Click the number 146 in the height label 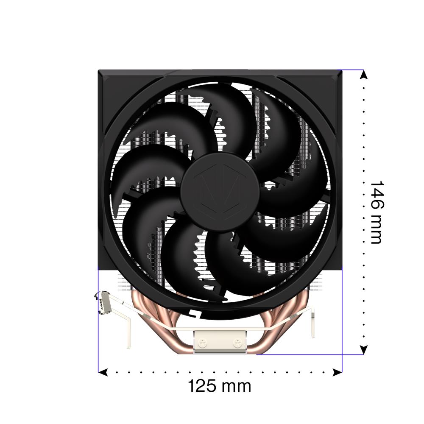point(377,195)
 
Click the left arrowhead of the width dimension point(103,372)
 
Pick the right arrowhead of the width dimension point(338,372)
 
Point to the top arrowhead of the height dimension point(364,74)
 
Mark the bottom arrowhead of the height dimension point(364,350)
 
